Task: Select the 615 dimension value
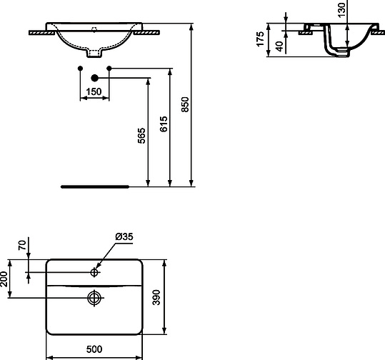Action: pos(164,125)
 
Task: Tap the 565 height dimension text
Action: pos(141,136)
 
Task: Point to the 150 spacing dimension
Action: pos(93,92)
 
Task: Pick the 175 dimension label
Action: pos(261,37)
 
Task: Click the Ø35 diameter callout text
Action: pos(124,237)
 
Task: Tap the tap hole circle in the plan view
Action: pos(96,272)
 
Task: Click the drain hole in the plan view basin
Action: pos(94,297)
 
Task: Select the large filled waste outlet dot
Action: pos(94,78)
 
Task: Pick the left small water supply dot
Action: pos(81,69)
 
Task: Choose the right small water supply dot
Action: pos(109,69)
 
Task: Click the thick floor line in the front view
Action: pos(94,186)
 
